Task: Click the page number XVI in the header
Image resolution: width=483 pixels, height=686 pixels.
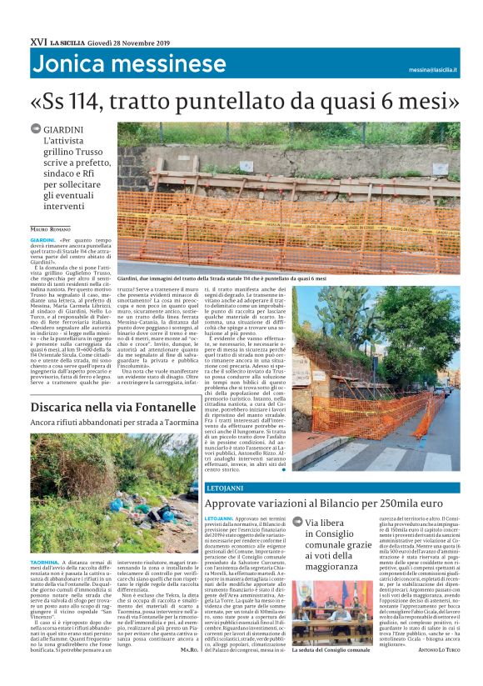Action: click(x=37, y=41)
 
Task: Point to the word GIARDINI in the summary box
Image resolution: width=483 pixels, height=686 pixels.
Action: click(x=75, y=130)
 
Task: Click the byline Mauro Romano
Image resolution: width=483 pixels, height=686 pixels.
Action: click(x=51, y=228)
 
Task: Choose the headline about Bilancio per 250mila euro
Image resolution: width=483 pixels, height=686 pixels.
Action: click(x=332, y=503)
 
